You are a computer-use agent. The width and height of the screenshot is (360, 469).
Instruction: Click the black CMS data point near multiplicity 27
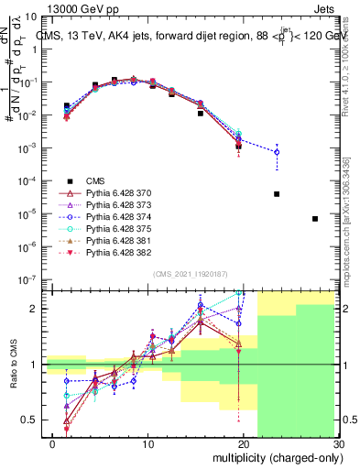click(x=315, y=219)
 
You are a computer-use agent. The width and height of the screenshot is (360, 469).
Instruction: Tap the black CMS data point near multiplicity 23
click(x=277, y=194)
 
